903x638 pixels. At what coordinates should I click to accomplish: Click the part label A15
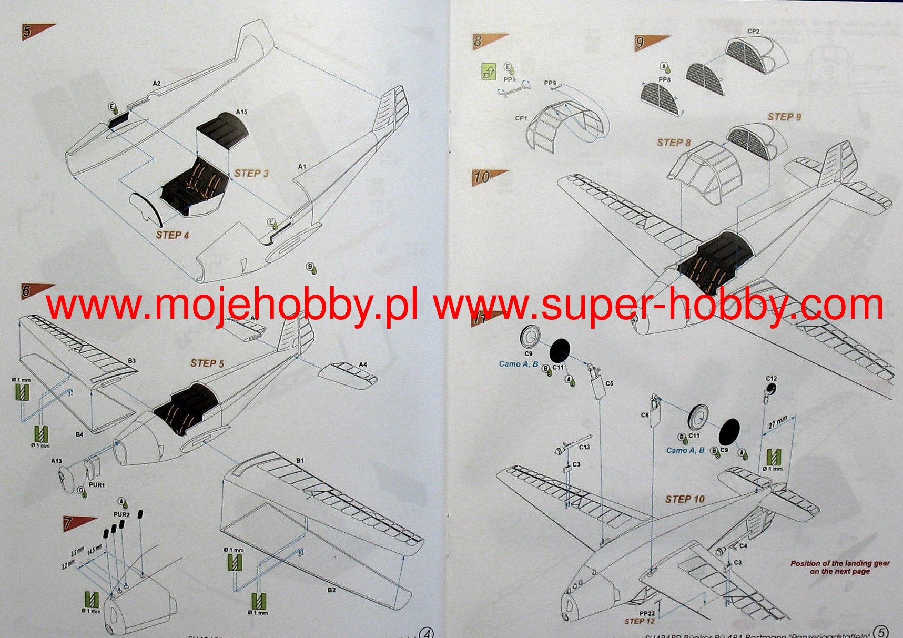[x=241, y=112]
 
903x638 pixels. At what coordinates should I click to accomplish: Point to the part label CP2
[x=753, y=32]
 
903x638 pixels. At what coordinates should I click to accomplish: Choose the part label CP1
[x=521, y=118]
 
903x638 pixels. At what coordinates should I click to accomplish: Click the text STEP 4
[x=172, y=235]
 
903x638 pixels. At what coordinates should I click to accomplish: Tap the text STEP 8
[x=673, y=143]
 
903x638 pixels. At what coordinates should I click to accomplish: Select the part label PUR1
[x=97, y=485]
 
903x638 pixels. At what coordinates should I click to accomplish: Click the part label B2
[x=331, y=590]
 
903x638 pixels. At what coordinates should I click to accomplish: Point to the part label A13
[x=56, y=461]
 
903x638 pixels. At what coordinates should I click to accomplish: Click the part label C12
[x=771, y=379]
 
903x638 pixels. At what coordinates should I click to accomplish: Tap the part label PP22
[x=647, y=613]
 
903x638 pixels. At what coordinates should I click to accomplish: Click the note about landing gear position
[x=839, y=567]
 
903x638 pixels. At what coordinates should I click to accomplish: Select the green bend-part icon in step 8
[x=489, y=72]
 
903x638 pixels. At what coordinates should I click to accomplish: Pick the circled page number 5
[x=880, y=632]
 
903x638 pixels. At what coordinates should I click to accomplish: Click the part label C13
[x=584, y=447]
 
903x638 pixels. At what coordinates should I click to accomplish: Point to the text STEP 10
[x=684, y=499]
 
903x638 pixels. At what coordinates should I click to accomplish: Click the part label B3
[x=131, y=361]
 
